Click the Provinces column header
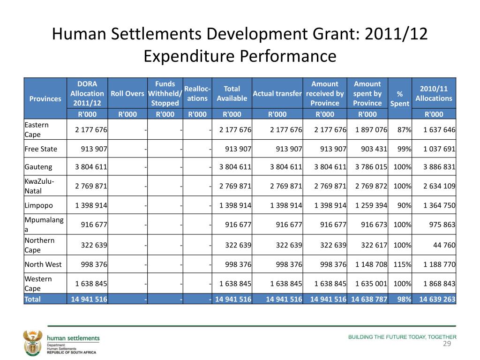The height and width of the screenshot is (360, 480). [45, 98]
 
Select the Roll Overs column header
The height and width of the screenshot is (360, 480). [127, 93]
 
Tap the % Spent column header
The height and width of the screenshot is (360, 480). [399, 98]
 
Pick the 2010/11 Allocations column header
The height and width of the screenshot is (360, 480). [434, 93]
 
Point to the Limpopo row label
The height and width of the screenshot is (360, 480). [38, 205]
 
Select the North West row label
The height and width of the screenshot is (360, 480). [43, 264]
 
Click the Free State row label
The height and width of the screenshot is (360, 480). [41, 149]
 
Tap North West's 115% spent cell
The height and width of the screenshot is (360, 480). [402, 264]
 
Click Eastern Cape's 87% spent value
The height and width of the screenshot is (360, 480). [404, 129]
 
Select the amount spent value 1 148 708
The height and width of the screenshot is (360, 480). [371, 264]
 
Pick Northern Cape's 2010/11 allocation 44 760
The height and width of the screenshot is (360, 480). [444, 245]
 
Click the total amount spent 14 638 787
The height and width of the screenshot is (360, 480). [369, 299]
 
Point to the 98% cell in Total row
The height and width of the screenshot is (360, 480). [404, 299]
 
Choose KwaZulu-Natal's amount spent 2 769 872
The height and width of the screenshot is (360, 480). [371, 186]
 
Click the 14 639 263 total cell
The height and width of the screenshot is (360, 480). [437, 299]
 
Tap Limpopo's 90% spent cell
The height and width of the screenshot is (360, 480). [404, 205]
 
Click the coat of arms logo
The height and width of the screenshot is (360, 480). [32, 343]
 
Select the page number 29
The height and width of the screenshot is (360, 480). [447, 344]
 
